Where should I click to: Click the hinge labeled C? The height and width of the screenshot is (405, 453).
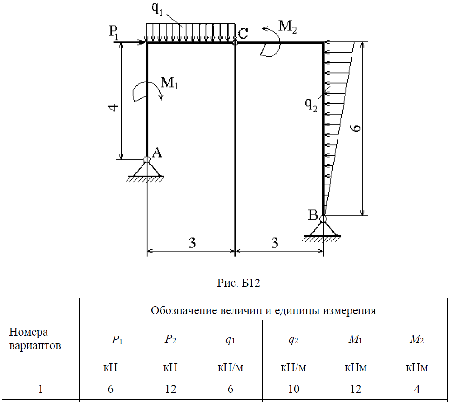coord(235,42)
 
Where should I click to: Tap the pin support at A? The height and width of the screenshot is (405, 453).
coord(147,168)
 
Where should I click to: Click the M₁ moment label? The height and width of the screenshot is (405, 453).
coord(170,83)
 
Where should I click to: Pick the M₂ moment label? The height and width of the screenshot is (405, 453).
coord(287,26)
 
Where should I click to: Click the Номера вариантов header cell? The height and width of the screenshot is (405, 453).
coord(35,339)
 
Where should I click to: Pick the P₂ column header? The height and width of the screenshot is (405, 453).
coord(170,340)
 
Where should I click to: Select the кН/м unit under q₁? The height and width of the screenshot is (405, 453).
coord(230,368)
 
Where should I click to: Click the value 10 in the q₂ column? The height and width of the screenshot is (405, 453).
coord(294,389)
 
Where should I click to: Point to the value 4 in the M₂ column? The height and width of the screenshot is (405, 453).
coord(417,389)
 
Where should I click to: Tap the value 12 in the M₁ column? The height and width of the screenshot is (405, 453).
coord(356,389)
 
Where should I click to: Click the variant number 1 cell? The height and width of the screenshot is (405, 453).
coord(41,389)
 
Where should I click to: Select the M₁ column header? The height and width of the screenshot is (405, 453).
coord(356,340)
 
